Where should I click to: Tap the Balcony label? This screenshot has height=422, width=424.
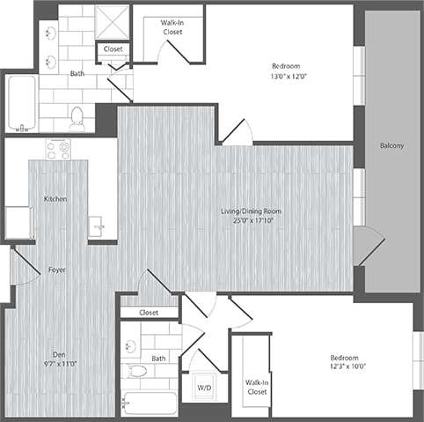coord(391,145)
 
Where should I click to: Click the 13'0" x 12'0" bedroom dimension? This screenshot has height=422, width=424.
coord(289,77)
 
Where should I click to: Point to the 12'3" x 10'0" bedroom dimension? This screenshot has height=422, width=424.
coord(343,367)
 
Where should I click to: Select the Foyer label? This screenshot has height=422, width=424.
coord(58,269)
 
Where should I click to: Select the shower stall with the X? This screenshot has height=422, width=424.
coord(112,22)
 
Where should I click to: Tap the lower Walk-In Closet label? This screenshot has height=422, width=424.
coord(257,387)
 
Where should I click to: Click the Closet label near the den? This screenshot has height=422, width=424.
coord(149,312)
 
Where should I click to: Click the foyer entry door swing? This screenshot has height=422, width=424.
coord(25,266)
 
